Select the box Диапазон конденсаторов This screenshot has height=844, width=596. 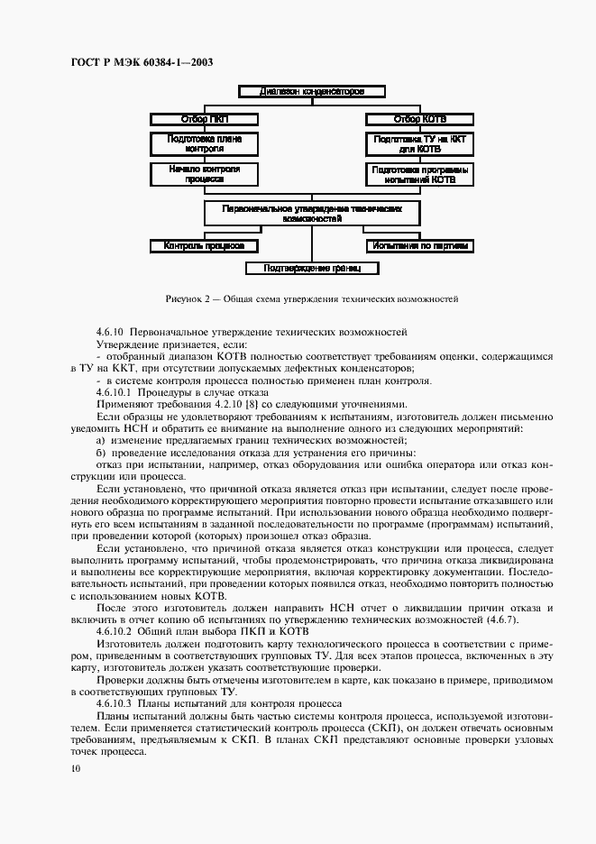pos(312,91)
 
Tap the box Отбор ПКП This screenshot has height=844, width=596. pos(205,118)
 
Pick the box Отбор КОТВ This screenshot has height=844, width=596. pos(420,118)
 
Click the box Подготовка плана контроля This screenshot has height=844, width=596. pos(205,144)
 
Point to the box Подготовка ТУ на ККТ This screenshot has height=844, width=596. pos(420,144)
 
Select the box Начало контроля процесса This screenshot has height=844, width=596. pos(205,174)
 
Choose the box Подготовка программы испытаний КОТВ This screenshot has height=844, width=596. pos(420,174)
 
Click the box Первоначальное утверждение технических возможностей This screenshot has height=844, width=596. pos(312,213)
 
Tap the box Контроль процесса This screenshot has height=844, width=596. pos(205,245)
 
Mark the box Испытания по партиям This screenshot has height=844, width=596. pos(420,245)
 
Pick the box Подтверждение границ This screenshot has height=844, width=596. pos(312,268)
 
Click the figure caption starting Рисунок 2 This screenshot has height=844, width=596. pos(312,297)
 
